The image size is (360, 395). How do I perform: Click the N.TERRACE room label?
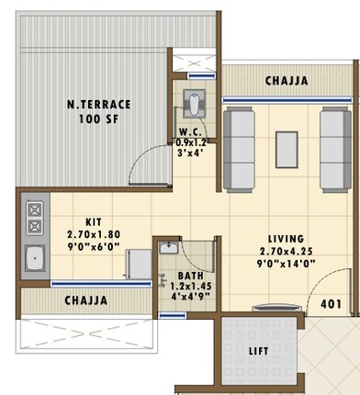point(98,104)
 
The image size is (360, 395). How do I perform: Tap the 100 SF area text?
point(98,120)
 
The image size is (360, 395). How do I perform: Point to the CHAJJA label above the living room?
point(286,82)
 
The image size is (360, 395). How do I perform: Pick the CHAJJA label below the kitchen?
point(85,300)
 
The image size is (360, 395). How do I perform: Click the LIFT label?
point(260,351)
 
